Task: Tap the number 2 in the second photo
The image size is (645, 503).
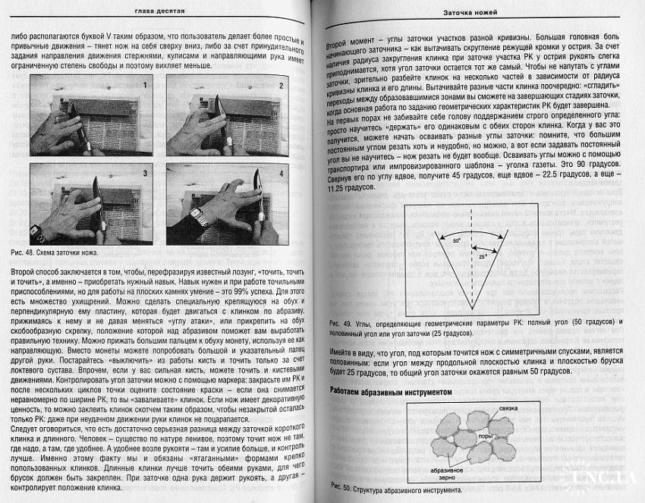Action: click(x=280, y=86)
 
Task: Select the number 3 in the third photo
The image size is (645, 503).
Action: click(x=144, y=174)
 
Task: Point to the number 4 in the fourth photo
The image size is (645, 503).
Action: click(x=280, y=174)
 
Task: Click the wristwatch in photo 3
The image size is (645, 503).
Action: click(x=36, y=230)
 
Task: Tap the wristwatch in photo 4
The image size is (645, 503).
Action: click(x=200, y=218)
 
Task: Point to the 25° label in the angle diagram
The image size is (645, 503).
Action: click(x=483, y=257)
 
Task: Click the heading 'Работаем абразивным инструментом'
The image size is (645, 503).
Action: click(x=392, y=391)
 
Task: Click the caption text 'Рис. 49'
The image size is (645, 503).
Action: click(x=343, y=323)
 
